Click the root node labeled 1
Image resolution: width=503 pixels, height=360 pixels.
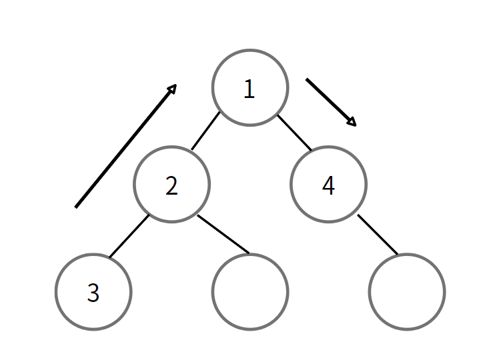[250, 87]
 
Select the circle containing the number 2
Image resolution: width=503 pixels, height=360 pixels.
[172, 185]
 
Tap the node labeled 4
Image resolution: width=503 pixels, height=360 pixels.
[328, 185]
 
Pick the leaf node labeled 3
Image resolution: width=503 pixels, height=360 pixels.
[93, 292]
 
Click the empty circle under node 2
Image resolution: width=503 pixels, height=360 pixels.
[250, 292]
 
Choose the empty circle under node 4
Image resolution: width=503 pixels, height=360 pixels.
[407, 292]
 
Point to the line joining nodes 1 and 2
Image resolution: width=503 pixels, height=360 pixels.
[205, 131]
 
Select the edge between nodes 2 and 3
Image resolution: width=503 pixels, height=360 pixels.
[129, 236]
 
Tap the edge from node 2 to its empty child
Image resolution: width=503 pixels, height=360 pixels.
[223, 234]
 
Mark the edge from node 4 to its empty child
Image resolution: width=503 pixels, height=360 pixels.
[378, 235]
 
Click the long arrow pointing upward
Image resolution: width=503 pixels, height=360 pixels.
[125, 146]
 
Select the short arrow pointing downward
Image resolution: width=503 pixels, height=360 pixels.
[330, 101]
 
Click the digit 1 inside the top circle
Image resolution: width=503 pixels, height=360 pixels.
[249, 89]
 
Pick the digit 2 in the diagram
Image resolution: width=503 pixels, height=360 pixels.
[172, 186]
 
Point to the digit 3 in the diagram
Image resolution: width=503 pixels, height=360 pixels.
[93, 293]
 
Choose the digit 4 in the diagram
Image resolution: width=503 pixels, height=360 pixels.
[328, 186]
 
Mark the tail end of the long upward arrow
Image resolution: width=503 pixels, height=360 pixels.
[76, 207]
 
